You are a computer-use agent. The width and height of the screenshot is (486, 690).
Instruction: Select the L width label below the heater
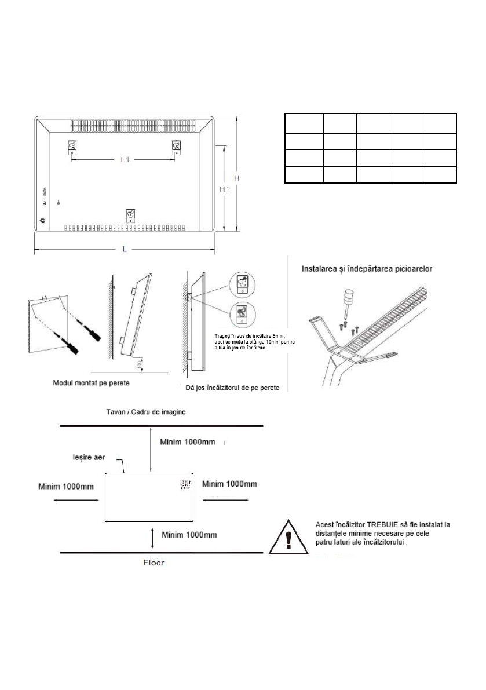click(x=125, y=249)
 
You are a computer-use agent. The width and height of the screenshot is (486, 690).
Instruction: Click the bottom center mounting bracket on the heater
click(x=131, y=215)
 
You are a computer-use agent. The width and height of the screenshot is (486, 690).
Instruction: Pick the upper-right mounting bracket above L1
click(x=174, y=147)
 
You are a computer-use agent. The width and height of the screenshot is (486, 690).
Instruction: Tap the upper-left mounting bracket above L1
click(x=72, y=147)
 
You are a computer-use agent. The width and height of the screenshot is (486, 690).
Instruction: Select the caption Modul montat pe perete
click(x=92, y=384)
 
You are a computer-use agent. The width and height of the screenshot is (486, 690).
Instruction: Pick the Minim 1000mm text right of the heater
click(x=229, y=483)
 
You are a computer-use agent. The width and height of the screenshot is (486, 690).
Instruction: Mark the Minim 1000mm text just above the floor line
click(x=190, y=534)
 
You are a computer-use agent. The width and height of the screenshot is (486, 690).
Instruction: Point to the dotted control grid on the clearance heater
click(x=185, y=484)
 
